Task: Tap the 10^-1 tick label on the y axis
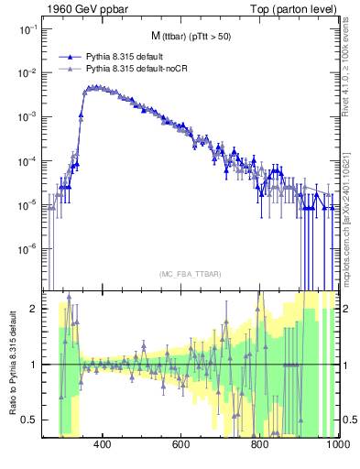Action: point(27,29)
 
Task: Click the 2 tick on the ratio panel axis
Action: point(34,309)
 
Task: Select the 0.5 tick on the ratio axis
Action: point(30,420)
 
